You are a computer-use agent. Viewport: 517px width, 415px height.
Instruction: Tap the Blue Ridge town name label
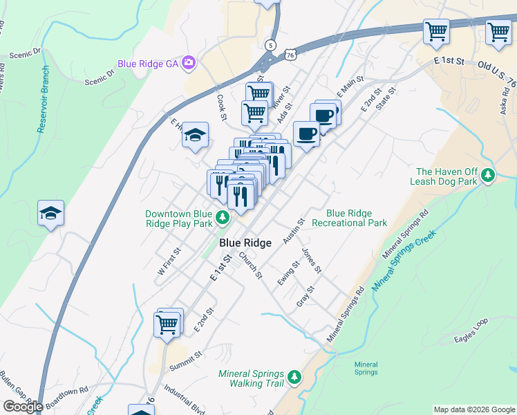pyautogui.click(x=245, y=243)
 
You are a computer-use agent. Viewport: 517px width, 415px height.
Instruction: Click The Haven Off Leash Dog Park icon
pyautogui.click(x=489, y=176)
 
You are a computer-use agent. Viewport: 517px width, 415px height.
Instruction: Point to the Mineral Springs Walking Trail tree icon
pyautogui.click(x=295, y=378)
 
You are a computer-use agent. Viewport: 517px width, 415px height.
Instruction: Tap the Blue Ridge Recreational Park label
pyautogui.click(x=349, y=219)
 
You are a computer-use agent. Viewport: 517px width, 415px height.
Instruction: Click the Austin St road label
pyautogui.click(x=294, y=231)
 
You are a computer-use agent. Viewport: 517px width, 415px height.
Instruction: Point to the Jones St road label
pyautogui.click(x=312, y=260)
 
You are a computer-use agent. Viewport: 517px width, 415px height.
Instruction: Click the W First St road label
pyautogui.click(x=169, y=262)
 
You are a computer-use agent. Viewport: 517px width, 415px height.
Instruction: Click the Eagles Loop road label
pyautogui.click(x=471, y=331)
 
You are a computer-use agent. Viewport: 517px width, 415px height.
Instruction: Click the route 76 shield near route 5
pyautogui.click(x=290, y=54)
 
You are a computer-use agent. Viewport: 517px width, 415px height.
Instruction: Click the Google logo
pyautogui.click(x=23, y=406)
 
